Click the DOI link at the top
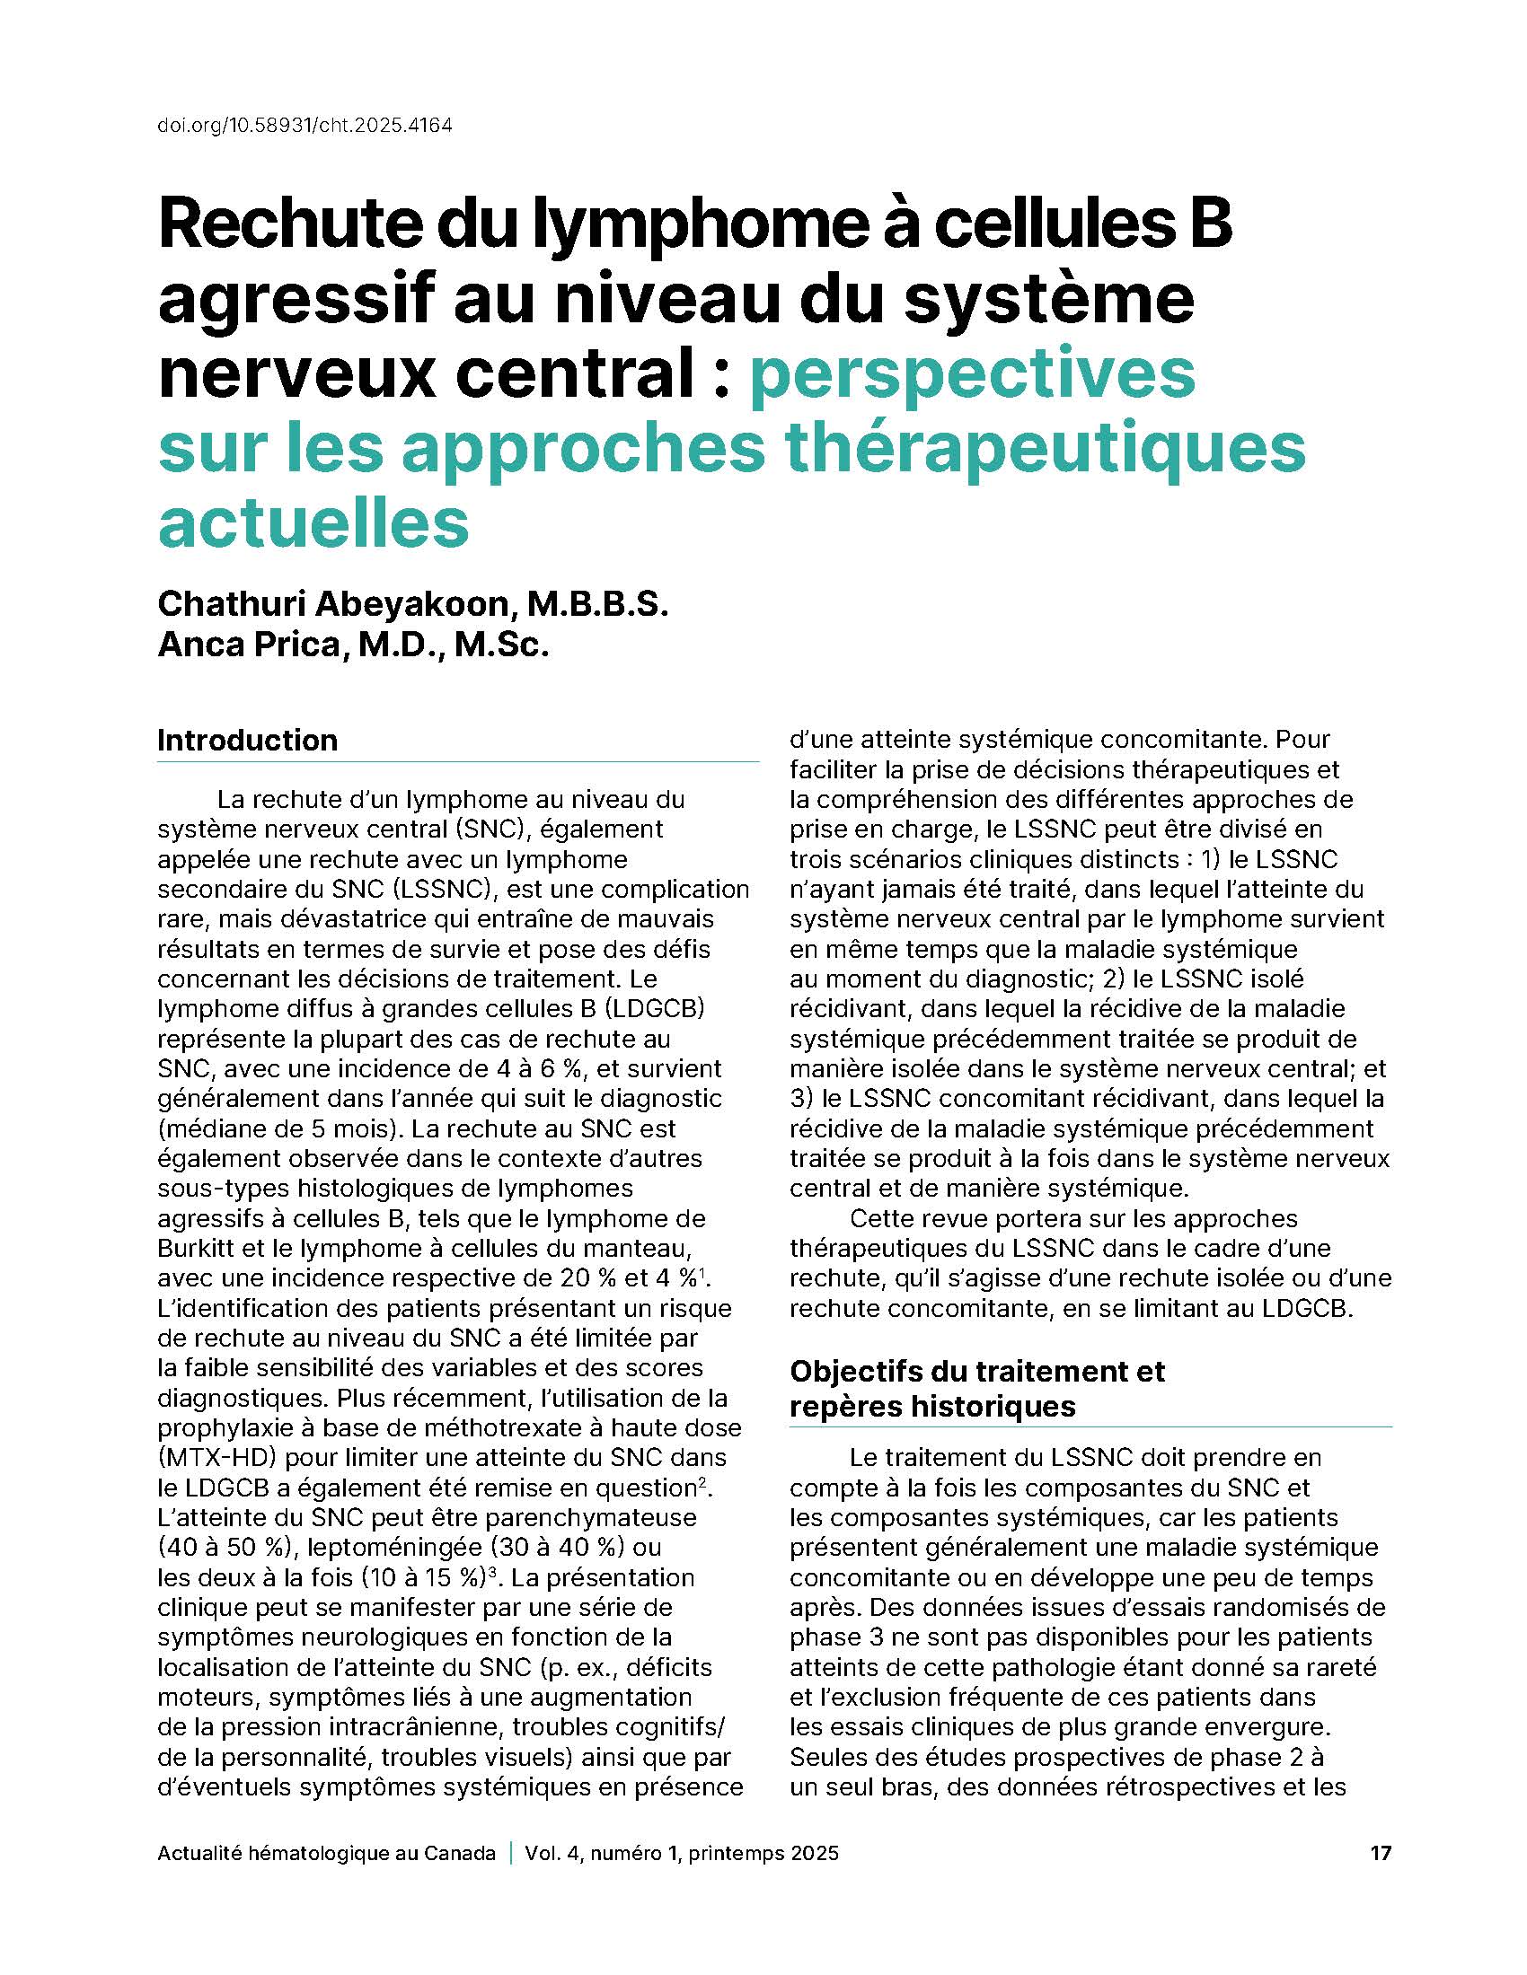click(x=305, y=125)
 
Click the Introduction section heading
click(x=247, y=740)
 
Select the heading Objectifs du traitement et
click(x=977, y=1371)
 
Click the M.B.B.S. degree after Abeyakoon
click(x=598, y=603)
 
